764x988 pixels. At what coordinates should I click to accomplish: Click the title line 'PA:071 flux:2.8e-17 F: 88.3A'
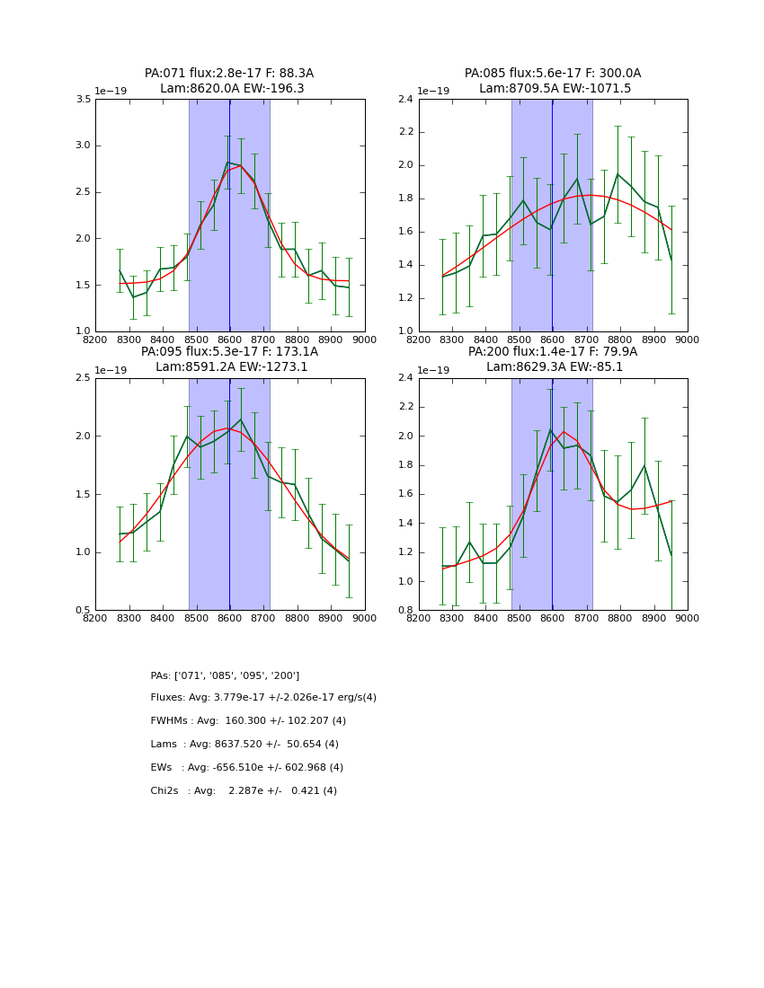point(229,74)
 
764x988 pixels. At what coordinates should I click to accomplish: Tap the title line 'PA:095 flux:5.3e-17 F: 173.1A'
point(229,352)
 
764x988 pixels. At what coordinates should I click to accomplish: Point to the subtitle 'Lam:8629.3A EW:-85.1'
point(553,366)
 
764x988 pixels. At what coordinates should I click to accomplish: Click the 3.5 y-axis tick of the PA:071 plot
point(83,99)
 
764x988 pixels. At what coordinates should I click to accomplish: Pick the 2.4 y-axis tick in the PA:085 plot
point(406,99)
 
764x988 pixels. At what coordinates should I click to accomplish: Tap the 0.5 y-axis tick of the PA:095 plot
point(83,610)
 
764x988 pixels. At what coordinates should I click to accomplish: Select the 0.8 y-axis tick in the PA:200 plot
point(406,610)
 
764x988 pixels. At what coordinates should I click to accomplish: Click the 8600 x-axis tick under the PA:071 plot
point(229,340)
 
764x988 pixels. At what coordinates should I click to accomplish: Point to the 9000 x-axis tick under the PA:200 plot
point(687,618)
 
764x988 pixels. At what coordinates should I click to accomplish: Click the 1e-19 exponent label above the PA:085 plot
point(434,91)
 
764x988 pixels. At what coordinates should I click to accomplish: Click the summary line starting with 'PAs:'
point(225,675)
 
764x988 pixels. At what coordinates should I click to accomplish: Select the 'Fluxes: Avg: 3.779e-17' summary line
point(263,698)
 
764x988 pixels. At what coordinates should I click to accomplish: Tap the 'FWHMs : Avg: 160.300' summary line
point(248,721)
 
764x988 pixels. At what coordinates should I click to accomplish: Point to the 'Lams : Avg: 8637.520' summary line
point(244,745)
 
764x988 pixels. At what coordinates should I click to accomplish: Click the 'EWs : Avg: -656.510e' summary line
point(246,768)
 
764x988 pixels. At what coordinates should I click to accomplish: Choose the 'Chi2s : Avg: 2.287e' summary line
point(244,791)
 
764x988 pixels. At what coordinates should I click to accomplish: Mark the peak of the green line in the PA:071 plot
point(228,162)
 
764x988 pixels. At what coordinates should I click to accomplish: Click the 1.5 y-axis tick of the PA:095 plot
point(83,494)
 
